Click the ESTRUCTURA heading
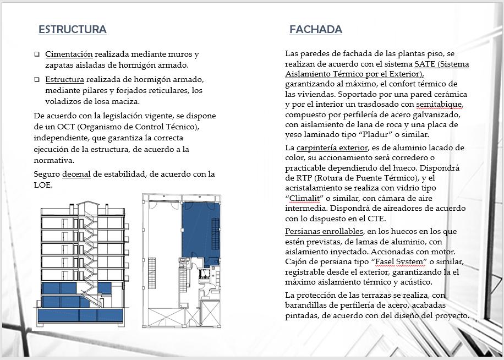[x=72, y=30]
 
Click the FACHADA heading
[x=315, y=30]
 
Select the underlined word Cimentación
[x=69, y=54]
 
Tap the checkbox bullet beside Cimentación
[x=37, y=54]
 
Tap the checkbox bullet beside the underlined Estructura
[x=37, y=79]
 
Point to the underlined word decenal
[x=76, y=174]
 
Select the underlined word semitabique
[x=439, y=104]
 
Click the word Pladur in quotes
[x=365, y=134]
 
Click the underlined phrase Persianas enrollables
[x=324, y=231]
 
